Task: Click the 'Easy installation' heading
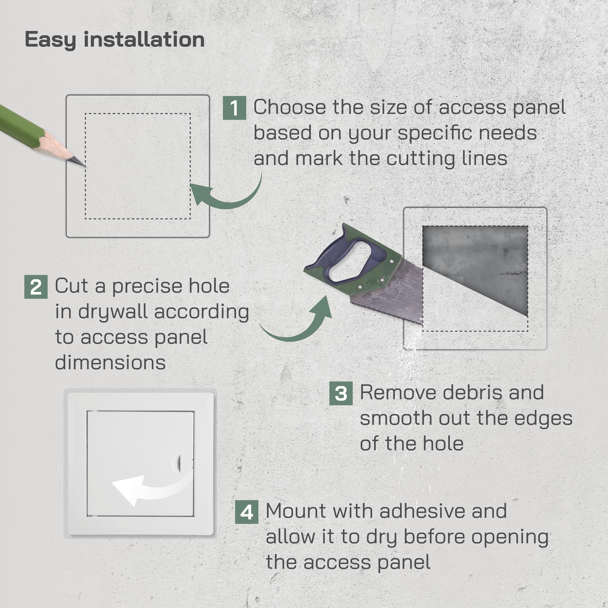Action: [x=115, y=40]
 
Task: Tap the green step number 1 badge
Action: [x=234, y=108]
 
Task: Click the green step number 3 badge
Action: [x=341, y=393]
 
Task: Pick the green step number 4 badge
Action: [x=247, y=512]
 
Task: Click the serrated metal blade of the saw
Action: [x=396, y=293]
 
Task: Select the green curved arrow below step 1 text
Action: [x=227, y=198]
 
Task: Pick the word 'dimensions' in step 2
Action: [x=110, y=363]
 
